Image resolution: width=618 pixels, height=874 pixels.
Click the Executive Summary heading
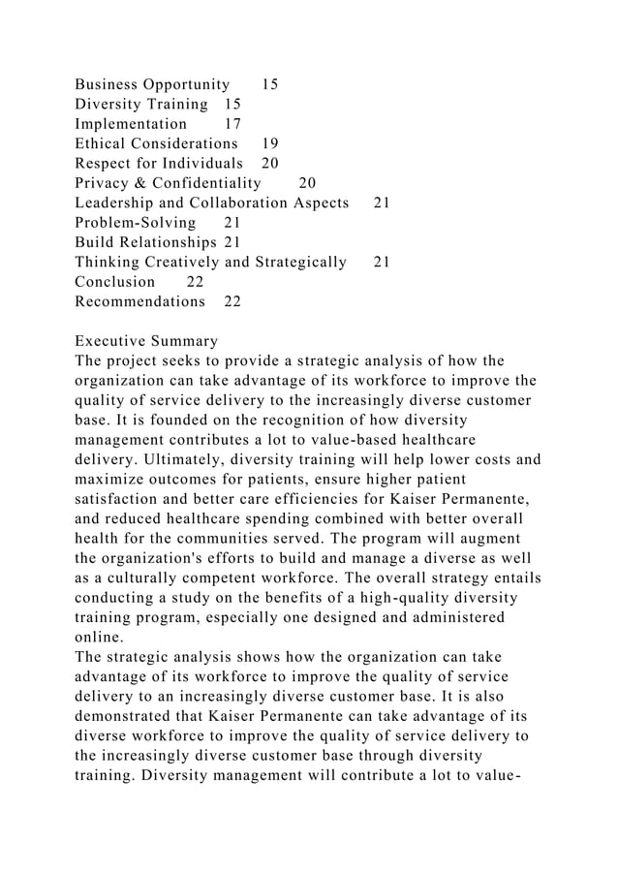click(146, 341)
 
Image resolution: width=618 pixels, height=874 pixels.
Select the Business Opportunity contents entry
click(152, 84)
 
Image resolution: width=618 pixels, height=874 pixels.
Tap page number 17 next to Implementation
click(232, 124)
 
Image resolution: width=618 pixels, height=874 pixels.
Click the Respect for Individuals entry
click(159, 163)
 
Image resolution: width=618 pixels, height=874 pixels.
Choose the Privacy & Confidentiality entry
click(168, 183)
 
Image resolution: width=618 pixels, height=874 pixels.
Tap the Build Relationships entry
click(145, 242)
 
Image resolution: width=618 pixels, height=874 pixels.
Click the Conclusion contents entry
click(114, 282)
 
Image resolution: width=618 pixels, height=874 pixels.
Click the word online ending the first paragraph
click(99, 637)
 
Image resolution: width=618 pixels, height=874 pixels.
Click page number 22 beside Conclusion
click(195, 282)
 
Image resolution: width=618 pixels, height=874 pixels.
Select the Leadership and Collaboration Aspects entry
click(211, 203)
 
